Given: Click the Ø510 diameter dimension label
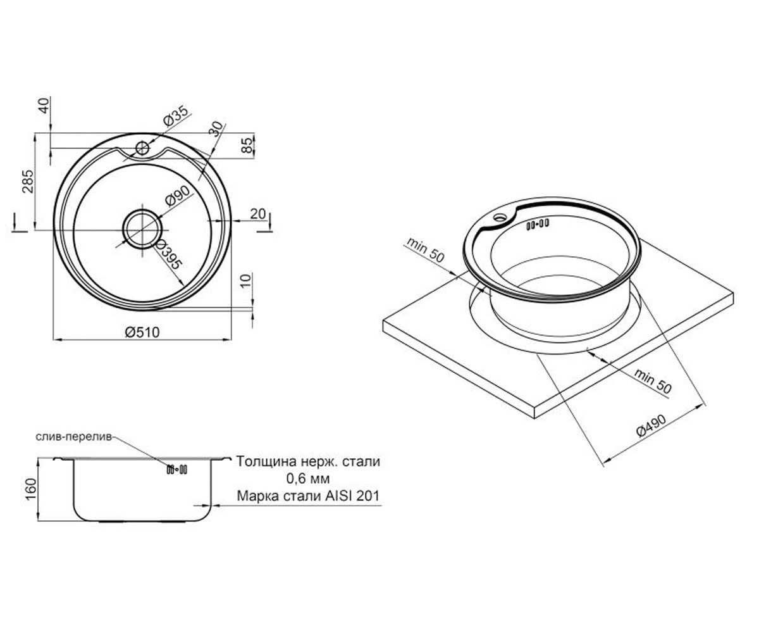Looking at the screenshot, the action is click(x=142, y=332).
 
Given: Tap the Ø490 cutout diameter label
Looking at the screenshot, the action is click(x=652, y=426).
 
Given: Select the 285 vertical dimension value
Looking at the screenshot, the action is click(x=28, y=181).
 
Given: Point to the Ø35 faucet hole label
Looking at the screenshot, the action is click(x=176, y=116).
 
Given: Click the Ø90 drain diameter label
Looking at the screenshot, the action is click(x=177, y=196).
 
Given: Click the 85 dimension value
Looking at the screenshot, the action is click(x=247, y=146).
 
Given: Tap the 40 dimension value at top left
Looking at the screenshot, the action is click(x=44, y=106).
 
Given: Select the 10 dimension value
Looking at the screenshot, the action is click(x=246, y=281).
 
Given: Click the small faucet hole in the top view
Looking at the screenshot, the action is click(x=142, y=148).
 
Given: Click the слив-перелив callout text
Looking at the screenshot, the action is click(x=74, y=437).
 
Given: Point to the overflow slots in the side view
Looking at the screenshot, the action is click(x=176, y=470).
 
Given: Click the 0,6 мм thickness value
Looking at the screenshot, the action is click(x=308, y=479).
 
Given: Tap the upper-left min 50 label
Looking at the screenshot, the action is click(x=425, y=250).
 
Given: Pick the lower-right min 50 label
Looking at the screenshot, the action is click(x=653, y=381).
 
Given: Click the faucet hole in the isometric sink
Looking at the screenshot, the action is click(x=499, y=218).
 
